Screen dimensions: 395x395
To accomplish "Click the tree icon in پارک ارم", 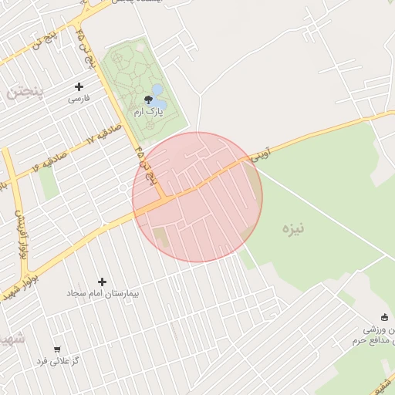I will click(148, 99).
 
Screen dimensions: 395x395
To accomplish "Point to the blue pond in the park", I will click(158, 97).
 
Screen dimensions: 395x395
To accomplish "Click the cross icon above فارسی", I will click(79, 86).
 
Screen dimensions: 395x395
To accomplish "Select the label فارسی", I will click(79, 99).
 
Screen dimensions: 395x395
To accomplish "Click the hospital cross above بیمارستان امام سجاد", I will click(102, 282).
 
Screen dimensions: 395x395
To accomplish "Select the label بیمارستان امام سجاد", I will click(94, 294).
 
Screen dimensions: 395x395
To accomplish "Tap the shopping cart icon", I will click(57, 349).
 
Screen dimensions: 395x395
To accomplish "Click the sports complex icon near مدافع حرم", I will click(384, 317).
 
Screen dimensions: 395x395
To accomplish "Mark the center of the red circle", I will click(197, 197).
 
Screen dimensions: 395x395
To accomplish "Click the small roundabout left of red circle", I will click(123, 187).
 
